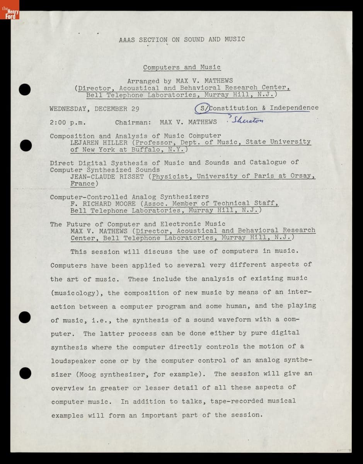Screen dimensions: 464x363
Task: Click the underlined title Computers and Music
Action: coord(182,67)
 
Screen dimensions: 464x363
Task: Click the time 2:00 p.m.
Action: coord(68,122)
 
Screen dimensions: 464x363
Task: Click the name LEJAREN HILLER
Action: coord(99,142)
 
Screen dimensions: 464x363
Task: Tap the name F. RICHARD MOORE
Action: coord(103,204)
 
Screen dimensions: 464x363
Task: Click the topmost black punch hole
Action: coord(25,89)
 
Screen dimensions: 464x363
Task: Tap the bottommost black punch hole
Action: coord(25,373)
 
